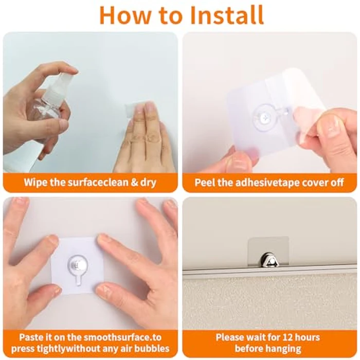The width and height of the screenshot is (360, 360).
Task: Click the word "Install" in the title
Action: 227,15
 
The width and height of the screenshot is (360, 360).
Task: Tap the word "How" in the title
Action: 125,15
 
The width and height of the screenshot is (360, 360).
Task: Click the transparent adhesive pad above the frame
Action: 268,251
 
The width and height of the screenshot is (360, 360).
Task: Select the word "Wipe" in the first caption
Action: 35,182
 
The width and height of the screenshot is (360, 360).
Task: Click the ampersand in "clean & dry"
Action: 134,183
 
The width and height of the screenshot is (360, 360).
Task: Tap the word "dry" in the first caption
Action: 148,183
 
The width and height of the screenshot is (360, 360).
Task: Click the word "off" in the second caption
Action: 337,183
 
